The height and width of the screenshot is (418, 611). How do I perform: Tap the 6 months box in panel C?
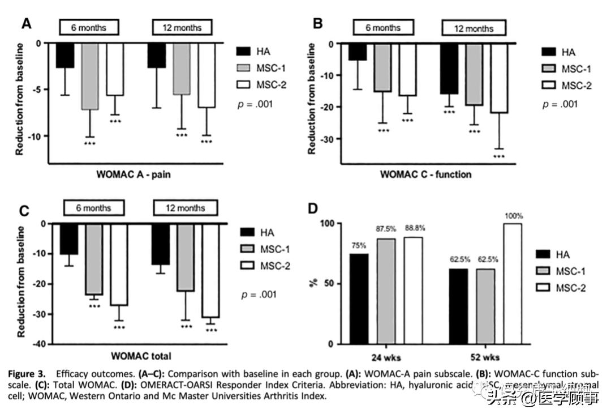94,207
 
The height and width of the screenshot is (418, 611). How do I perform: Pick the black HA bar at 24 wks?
359,298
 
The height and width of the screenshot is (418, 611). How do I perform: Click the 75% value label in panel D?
359,245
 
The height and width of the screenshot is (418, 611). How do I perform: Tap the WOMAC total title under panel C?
141,356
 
